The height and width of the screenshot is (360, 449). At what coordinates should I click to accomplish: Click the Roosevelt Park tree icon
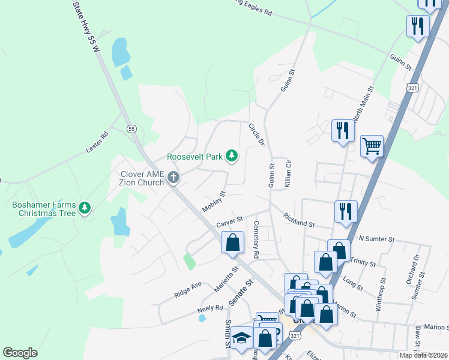tap(232, 157)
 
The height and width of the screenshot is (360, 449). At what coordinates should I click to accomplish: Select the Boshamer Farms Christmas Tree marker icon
tap(85, 208)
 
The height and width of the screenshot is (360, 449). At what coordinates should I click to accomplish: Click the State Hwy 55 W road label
tap(86, 27)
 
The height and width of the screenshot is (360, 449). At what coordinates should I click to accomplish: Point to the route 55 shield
tap(131, 128)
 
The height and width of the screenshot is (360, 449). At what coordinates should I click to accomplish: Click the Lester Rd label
tap(96, 142)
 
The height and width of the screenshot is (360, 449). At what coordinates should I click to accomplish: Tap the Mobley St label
tap(213, 202)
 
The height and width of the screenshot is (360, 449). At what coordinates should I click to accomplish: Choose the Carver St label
tap(229, 222)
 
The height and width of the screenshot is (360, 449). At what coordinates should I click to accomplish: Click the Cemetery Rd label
tap(256, 239)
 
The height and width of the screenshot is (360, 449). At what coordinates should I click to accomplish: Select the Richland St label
tap(299, 220)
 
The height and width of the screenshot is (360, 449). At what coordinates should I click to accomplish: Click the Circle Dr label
tap(256, 134)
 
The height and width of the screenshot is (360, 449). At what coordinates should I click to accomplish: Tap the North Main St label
tap(364, 104)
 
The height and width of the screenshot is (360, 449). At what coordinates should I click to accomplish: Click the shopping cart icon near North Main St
tap(372, 145)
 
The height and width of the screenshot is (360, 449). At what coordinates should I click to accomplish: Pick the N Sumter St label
tap(376, 239)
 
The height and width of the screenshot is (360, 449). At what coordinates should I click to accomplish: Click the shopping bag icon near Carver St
tap(232, 243)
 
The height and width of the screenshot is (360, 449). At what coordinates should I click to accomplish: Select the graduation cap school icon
tap(241, 339)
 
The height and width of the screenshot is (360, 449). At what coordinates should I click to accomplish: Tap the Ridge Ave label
tap(187, 289)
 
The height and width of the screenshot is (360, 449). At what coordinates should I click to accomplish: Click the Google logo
tap(20, 353)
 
